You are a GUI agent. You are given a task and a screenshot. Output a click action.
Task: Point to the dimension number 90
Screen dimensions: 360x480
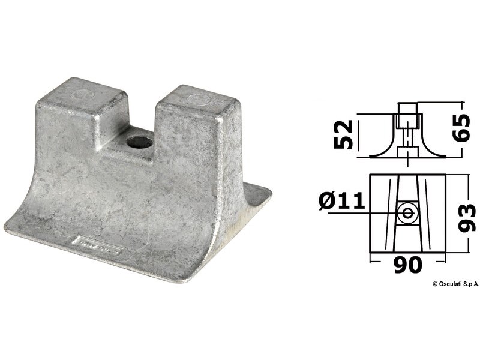pyautogui.click(x=408, y=264)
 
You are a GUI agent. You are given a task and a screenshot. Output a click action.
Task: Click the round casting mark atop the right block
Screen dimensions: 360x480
pyautogui.click(x=194, y=95)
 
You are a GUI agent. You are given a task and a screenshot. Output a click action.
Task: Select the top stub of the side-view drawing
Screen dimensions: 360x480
pyautogui.click(x=407, y=112)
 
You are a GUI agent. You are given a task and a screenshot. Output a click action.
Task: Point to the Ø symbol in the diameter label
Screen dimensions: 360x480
pyautogui.click(x=328, y=200)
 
